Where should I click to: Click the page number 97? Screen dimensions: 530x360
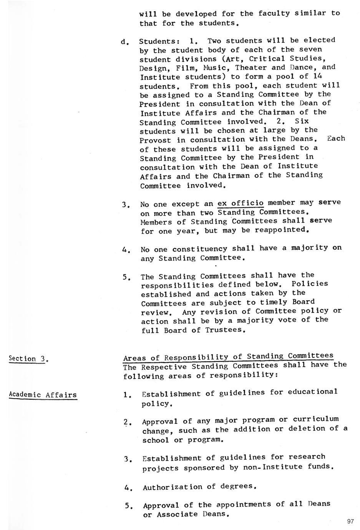[x=350, y=522]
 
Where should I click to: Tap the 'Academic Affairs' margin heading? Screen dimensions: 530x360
[x=43, y=395]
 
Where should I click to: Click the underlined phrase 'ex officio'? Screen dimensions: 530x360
[x=241, y=203]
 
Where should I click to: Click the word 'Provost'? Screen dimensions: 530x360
[x=156, y=140]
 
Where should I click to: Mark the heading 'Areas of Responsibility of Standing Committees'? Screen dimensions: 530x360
[x=228, y=357]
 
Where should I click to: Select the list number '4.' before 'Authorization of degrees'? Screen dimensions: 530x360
[x=128, y=488]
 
